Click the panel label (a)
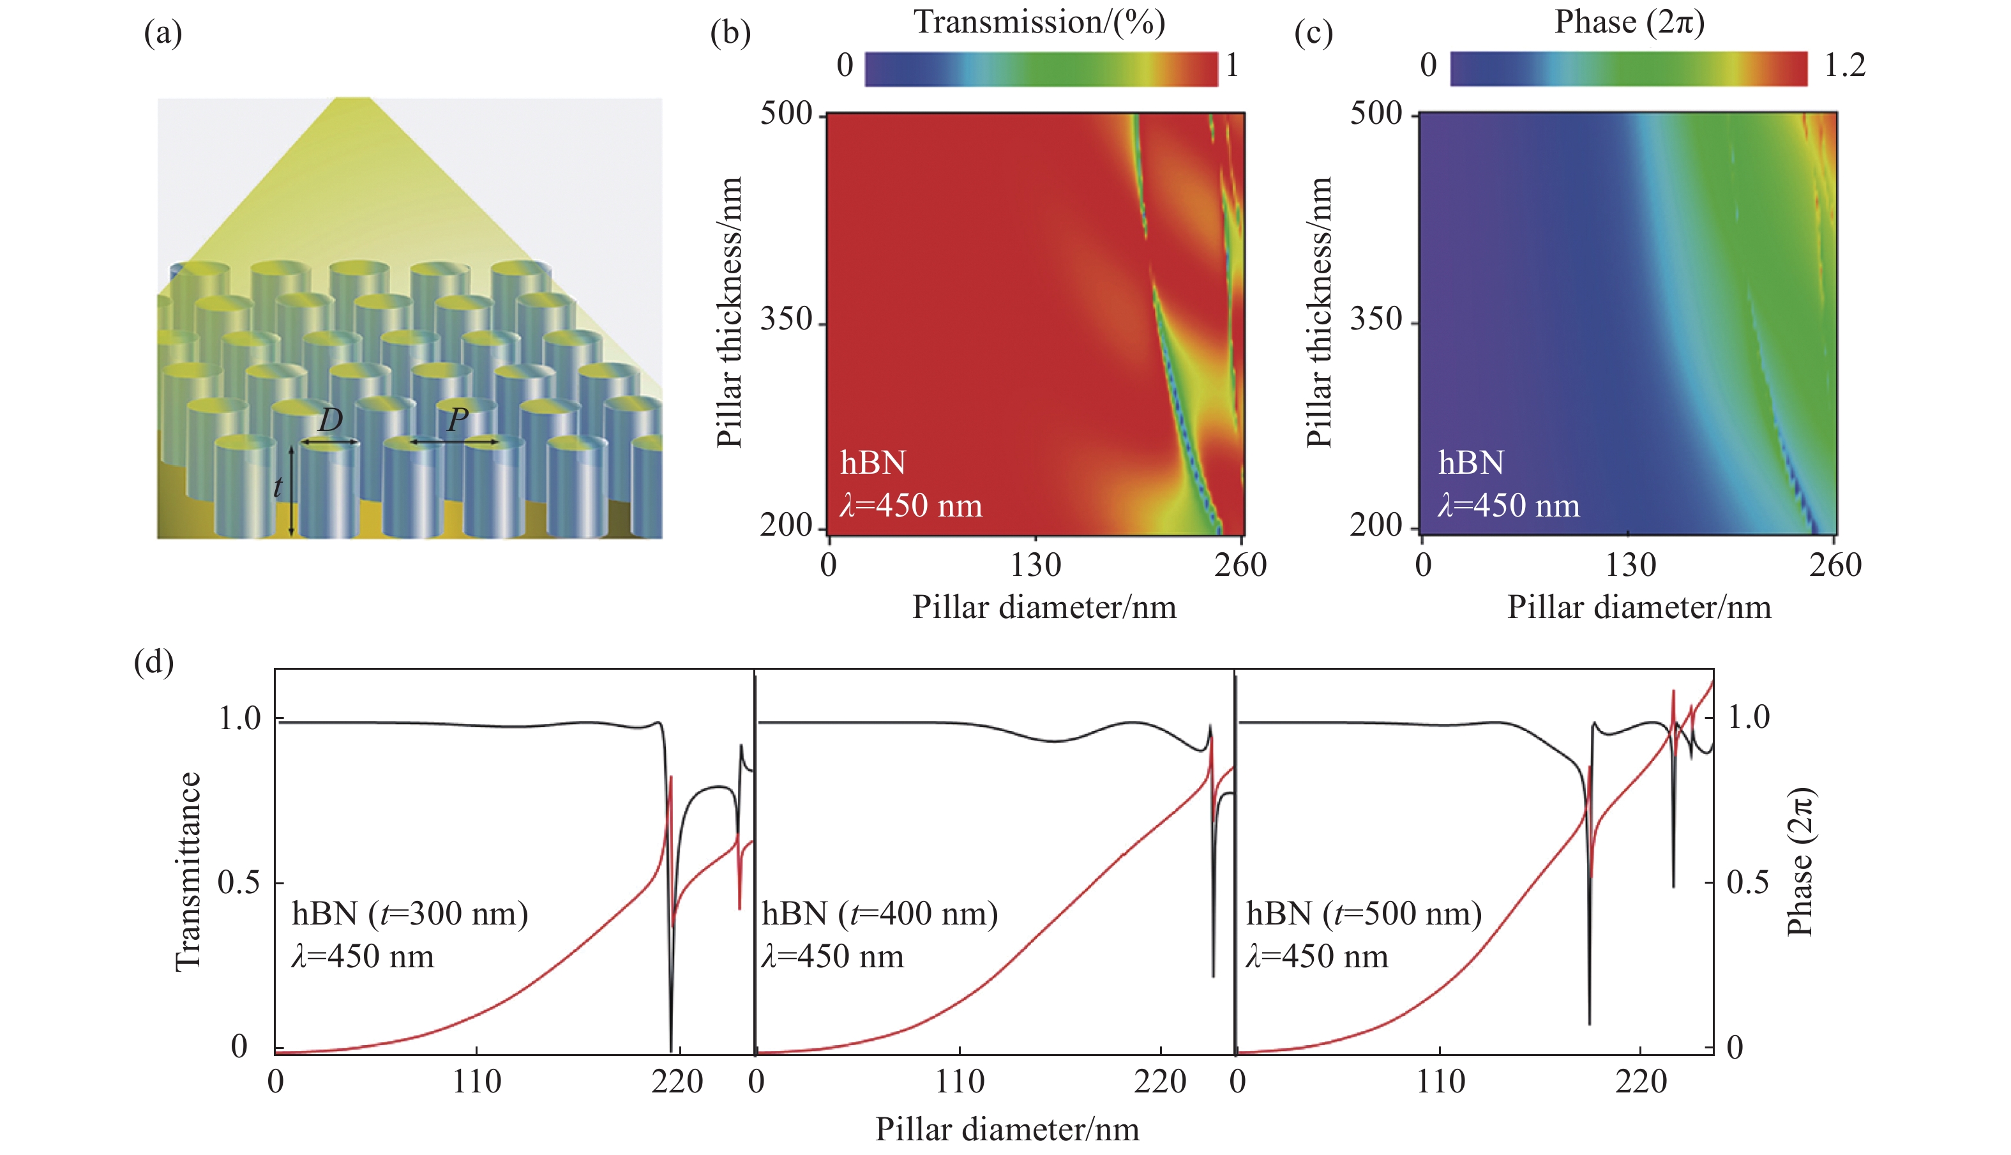pyautogui.click(x=163, y=33)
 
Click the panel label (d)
pyautogui.click(x=154, y=661)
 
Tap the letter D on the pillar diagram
pyautogui.click(x=330, y=420)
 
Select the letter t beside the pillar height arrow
pyautogui.click(x=278, y=487)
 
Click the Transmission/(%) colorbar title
pyautogui.click(x=1039, y=22)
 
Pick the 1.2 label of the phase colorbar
pyautogui.click(x=1844, y=66)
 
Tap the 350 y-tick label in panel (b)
pyautogui.click(x=786, y=320)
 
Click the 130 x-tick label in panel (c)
pyautogui.click(x=1631, y=565)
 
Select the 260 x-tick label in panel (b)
pyautogui.click(x=1240, y=565)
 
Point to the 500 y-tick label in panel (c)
pyautogui.click(x=1376, y=114)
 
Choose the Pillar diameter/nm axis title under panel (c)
pyautogui.click(x=1638, y=608)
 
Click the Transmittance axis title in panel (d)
pyautogui.click(x=189, y=871)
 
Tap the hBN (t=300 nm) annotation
pyautogui.click(x=409, y=914)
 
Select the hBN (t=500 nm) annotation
pyautogui.click(x=1363, y=914)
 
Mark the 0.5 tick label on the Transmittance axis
pyautogui.click(x=239, y=882)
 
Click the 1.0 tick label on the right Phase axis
pyautogui.click(x=1749, y=718)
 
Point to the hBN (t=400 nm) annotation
pyautogui.click(x=880, y=914)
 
